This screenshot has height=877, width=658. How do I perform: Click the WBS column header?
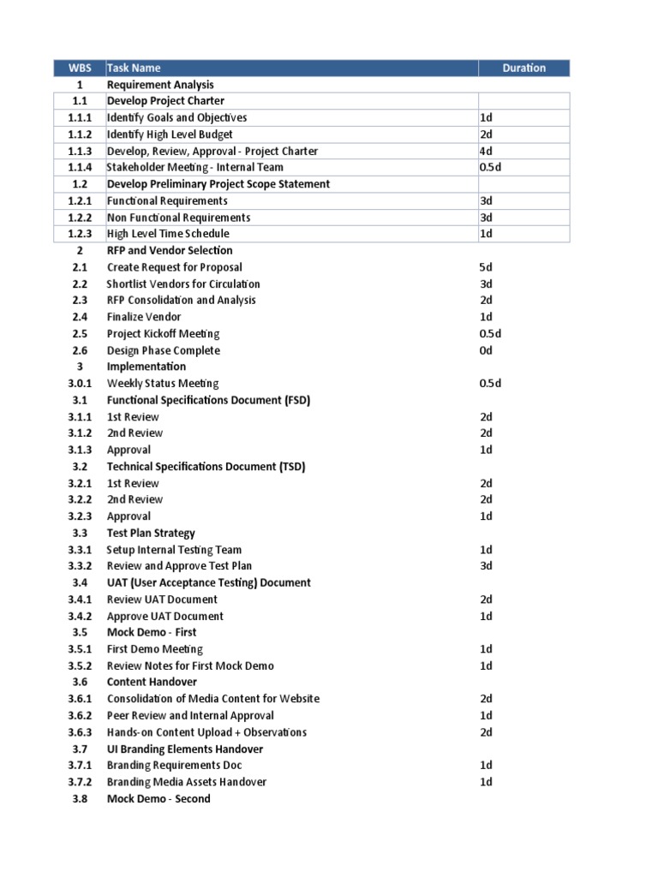[x=80, y=69]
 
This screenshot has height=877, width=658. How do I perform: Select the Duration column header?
[x=523, y=69]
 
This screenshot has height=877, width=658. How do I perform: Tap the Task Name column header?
[x=134, y=69]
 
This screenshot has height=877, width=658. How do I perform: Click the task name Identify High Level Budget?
[x=170, y=134]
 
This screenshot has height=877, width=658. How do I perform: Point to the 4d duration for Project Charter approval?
[x=486, y=152]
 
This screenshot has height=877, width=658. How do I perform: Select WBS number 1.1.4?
[x=80, y=168]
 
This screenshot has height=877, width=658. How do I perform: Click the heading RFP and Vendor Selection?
[x=170, y=251]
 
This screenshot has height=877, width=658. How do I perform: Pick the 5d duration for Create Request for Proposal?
[x=486, y=267]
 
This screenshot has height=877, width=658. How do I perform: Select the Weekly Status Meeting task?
[x=163, y=384]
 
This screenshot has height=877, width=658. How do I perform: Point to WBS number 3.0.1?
[x=80, y=384]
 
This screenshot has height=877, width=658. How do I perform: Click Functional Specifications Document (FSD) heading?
[x=208, y=400]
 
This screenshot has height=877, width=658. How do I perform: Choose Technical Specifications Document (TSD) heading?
[x=206, y=467]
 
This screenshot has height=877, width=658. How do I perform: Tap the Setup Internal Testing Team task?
[x=174, y=550]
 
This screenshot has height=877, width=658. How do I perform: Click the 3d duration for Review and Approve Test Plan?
[x=486, y=566]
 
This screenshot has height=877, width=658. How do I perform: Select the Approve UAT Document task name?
[x=165, y=617]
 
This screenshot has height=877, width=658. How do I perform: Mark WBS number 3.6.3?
[x=80, y=732]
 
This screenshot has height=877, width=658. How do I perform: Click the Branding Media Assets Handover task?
[x=187, y=782]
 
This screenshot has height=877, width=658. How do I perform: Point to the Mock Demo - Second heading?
[x=159, y=799]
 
